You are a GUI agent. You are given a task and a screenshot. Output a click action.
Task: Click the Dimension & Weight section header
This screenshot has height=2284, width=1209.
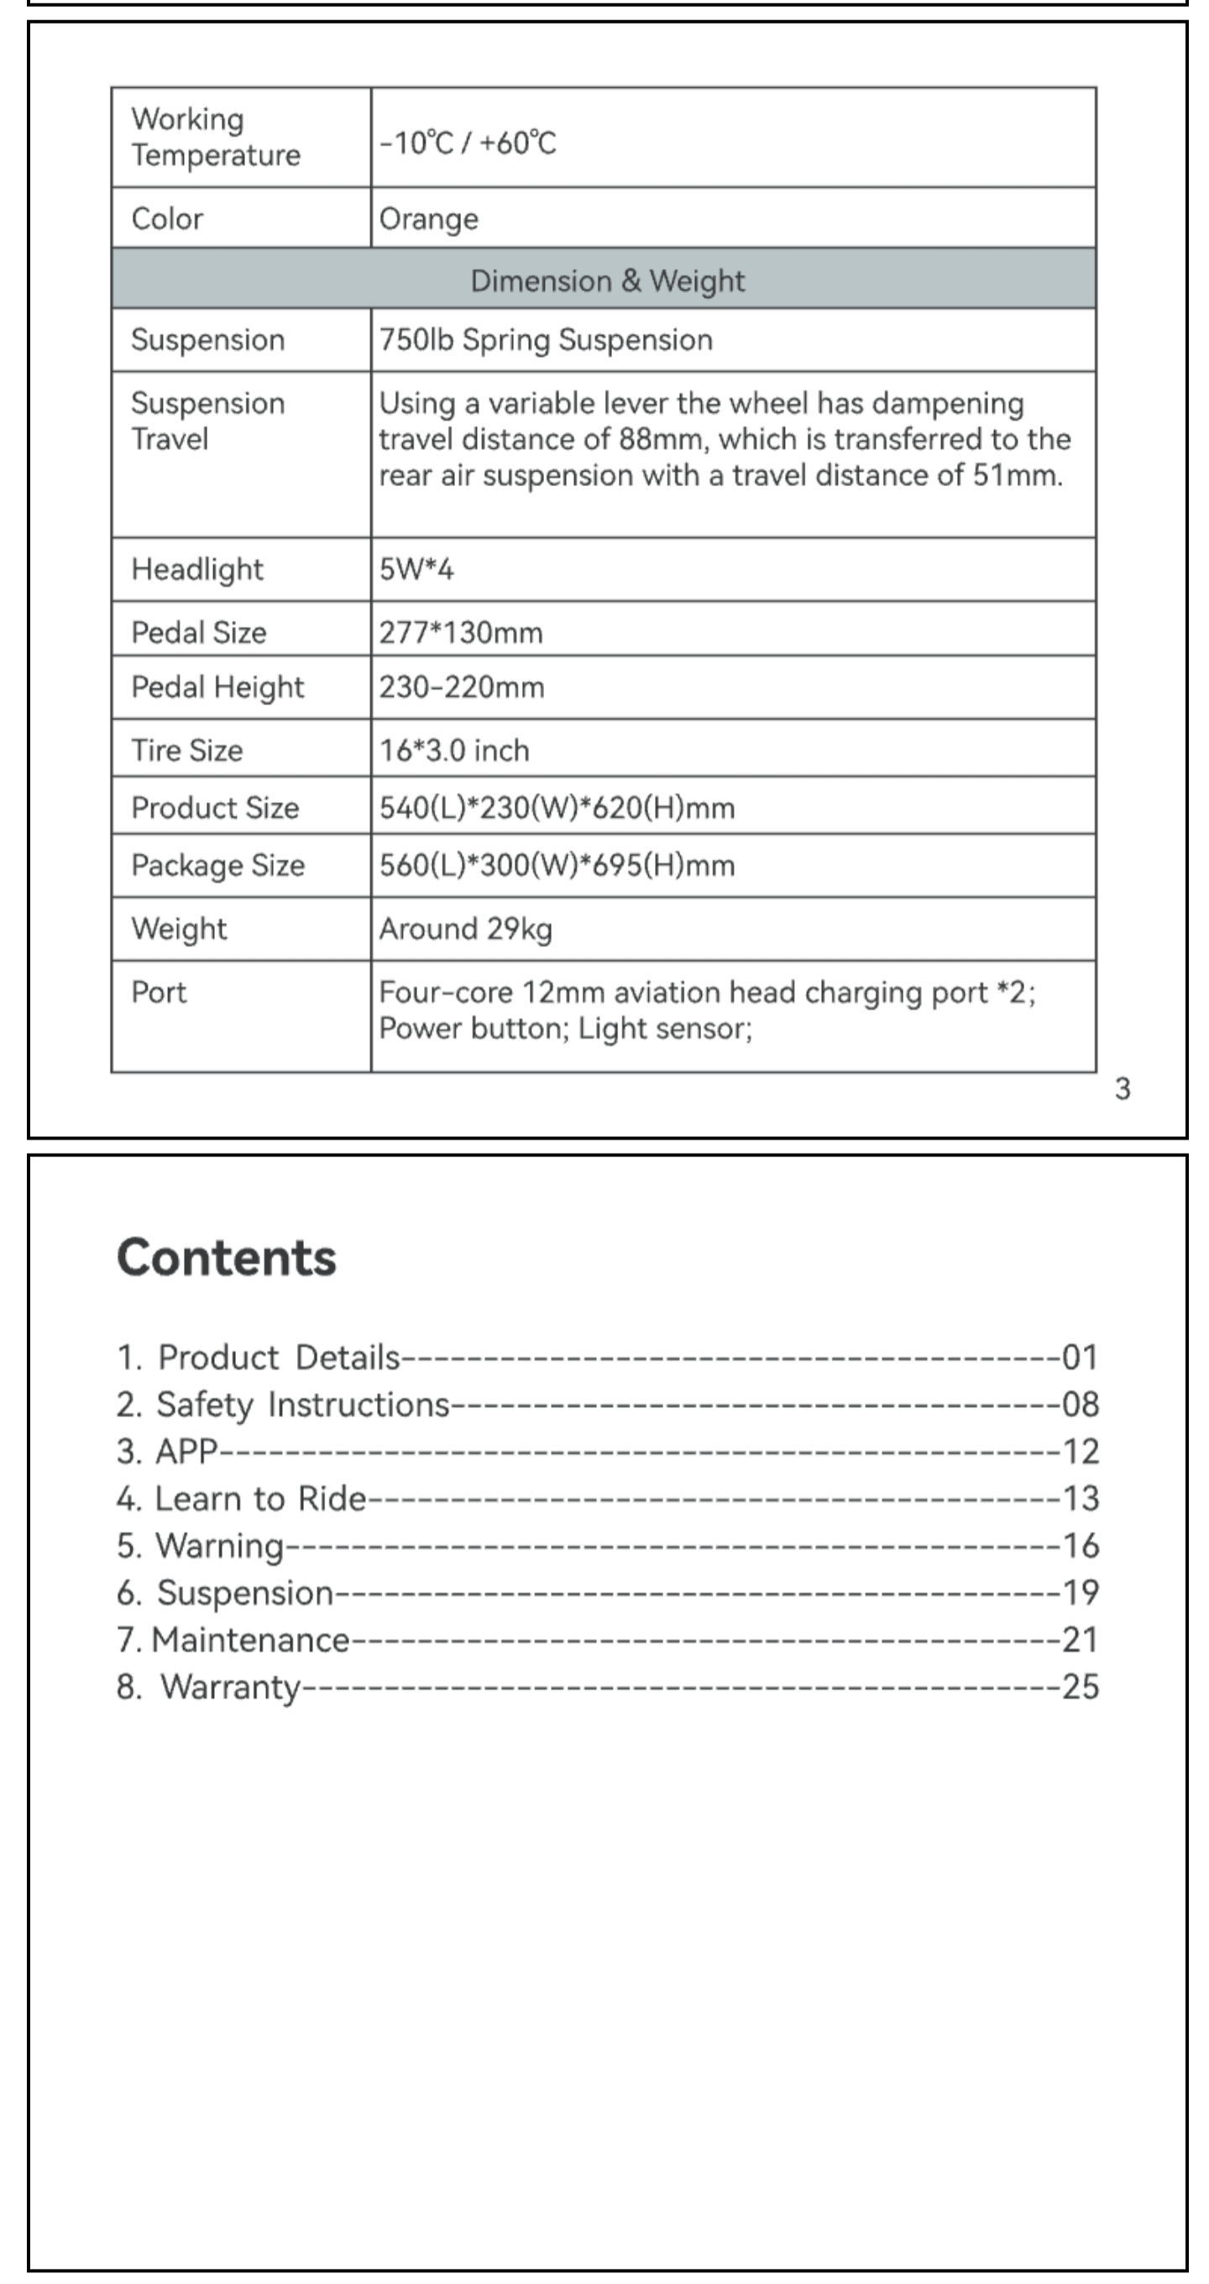click(606, 280)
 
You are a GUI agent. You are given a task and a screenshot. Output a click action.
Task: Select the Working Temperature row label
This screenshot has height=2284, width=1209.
click(216, 138)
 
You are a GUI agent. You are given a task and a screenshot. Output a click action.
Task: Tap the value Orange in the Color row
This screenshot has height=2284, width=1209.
click(429, 219)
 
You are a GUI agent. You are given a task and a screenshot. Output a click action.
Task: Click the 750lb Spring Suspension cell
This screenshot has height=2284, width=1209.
click(545, 340)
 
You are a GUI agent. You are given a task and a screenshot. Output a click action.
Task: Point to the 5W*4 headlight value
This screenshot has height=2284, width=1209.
click(416, 569)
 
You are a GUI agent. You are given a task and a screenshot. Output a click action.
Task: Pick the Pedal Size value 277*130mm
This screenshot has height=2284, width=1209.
click(460, 632)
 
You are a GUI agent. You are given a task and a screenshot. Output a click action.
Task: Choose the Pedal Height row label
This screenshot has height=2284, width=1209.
click(217, 687)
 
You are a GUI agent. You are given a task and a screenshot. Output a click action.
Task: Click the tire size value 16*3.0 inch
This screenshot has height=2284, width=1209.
click(454, 751)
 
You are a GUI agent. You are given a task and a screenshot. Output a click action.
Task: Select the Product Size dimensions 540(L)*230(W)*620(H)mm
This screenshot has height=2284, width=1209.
click(557, 808)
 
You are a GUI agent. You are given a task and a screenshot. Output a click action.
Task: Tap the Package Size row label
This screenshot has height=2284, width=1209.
click(217, 866)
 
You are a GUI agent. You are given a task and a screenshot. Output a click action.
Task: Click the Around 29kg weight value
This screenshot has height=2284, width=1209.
click(465, 930)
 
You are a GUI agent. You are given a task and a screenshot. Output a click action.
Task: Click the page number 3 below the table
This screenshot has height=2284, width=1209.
click(1123, 1089)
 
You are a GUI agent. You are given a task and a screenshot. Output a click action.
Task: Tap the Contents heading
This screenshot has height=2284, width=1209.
click(226, 1257)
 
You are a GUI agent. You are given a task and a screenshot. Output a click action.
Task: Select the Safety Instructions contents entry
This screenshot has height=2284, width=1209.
click(301, 1405)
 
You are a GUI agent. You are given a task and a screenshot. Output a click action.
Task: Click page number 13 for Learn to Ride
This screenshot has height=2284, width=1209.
click(1080, 1498)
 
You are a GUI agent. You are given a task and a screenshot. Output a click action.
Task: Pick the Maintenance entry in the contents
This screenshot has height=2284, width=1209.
click(250, 1640)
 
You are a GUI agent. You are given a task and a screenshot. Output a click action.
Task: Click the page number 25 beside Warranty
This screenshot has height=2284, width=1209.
click(1080, 1686)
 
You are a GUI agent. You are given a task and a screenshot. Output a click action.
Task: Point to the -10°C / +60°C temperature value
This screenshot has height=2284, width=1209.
click(467, 143)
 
